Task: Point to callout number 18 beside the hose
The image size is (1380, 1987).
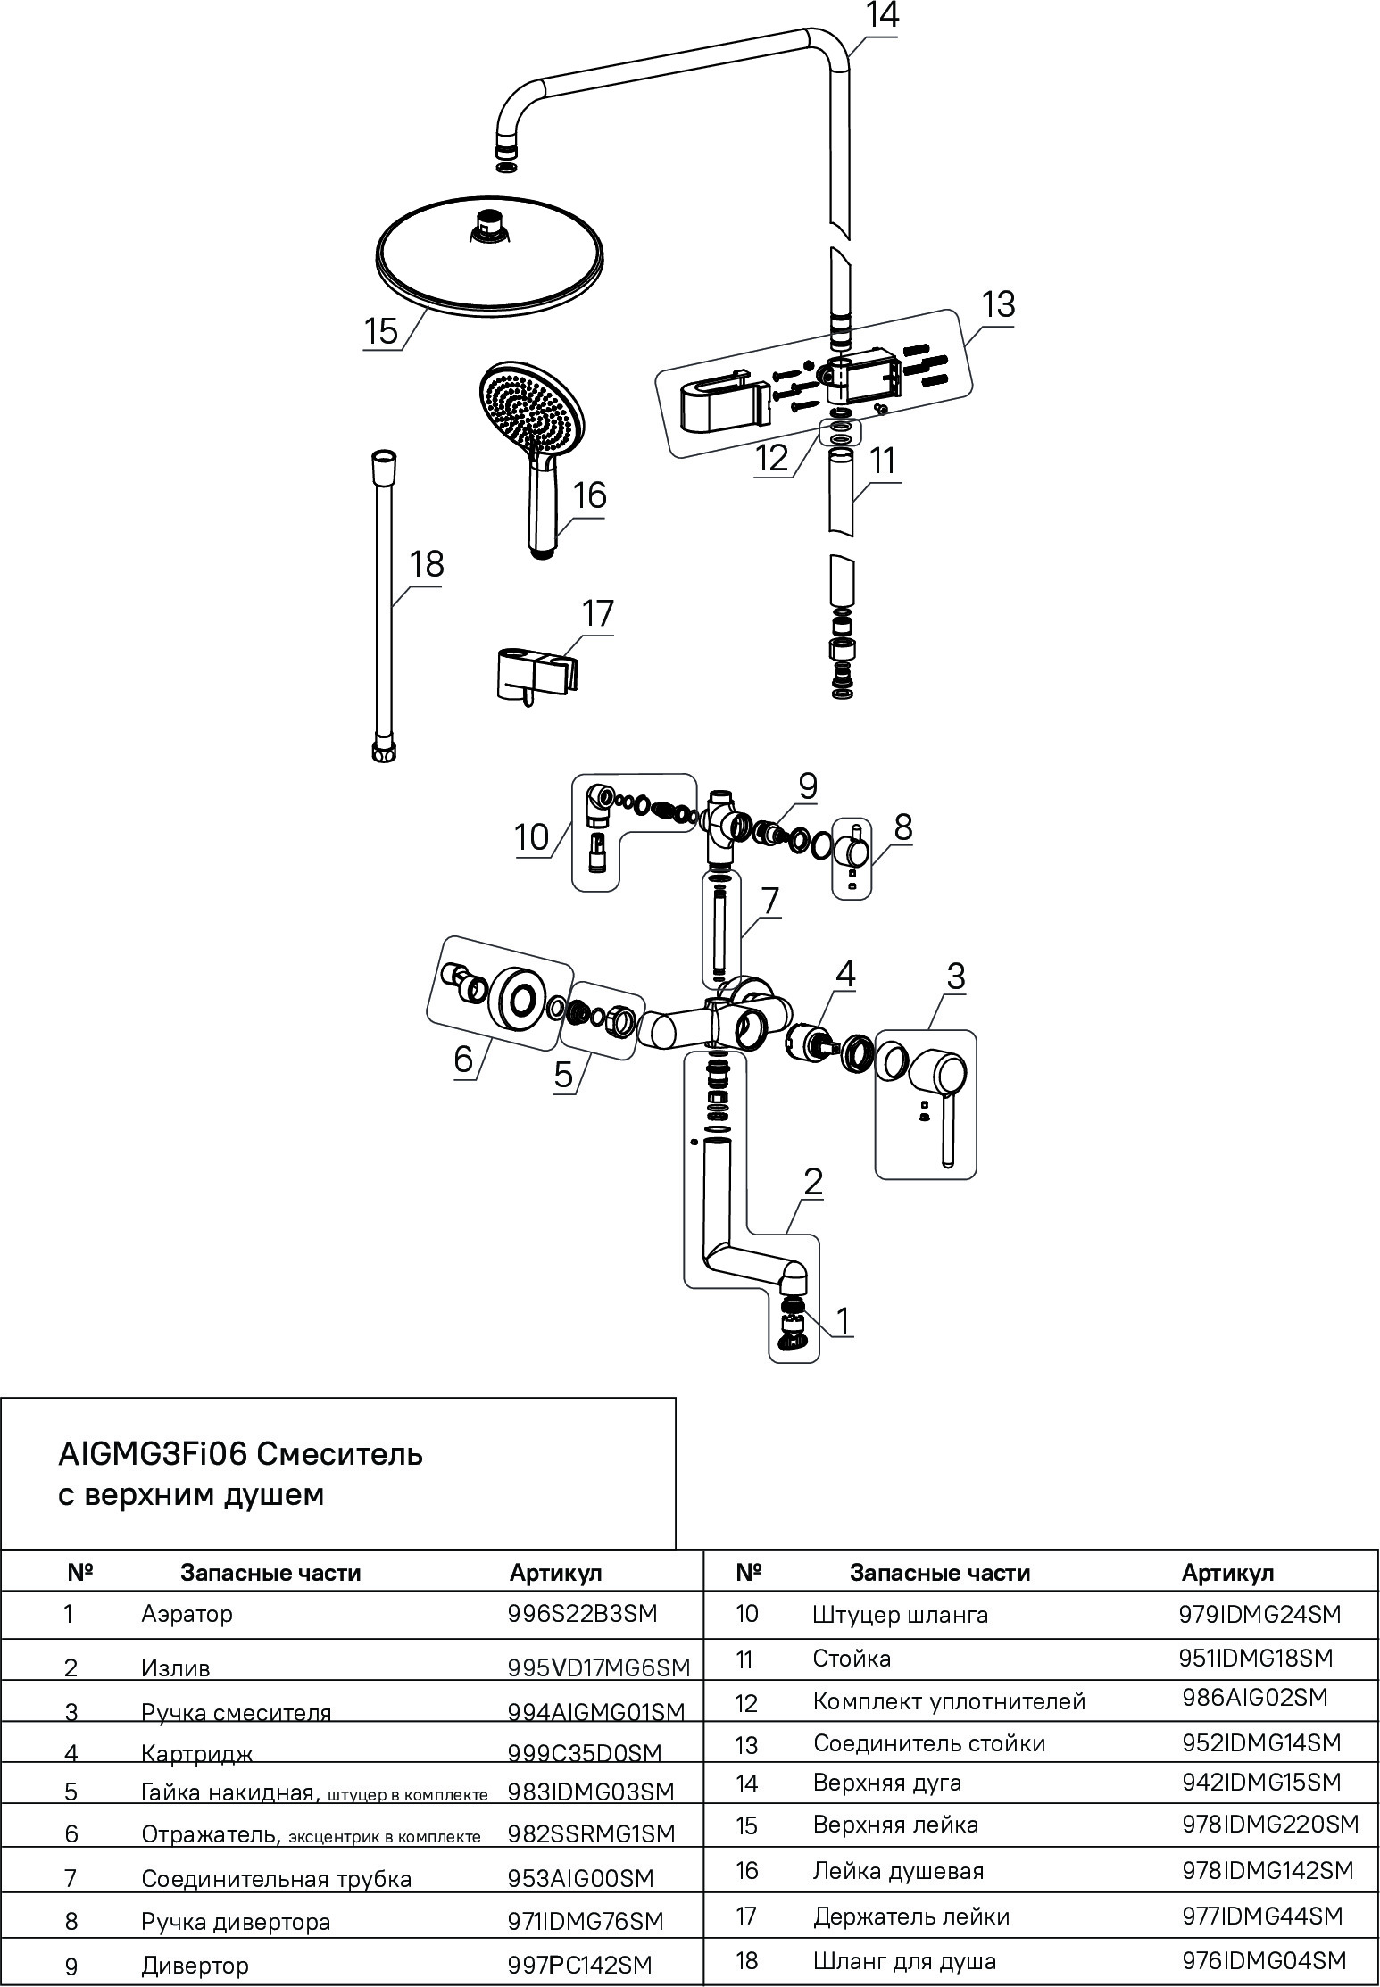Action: (426, 565)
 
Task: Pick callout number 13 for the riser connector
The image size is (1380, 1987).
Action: (998, 304)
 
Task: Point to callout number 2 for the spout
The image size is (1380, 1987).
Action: (812, 1182)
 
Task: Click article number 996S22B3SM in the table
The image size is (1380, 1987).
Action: (582, 1614)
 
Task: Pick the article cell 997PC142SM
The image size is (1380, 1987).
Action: (579, 1965)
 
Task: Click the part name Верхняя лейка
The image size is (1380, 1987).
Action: (895, 1825)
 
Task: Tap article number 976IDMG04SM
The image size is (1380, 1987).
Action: (1263, 1960)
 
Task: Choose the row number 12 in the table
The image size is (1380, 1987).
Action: (746, 1703)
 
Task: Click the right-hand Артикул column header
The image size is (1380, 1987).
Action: (1227, 1573)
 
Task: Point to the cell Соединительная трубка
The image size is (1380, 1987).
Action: (276, 1878)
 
